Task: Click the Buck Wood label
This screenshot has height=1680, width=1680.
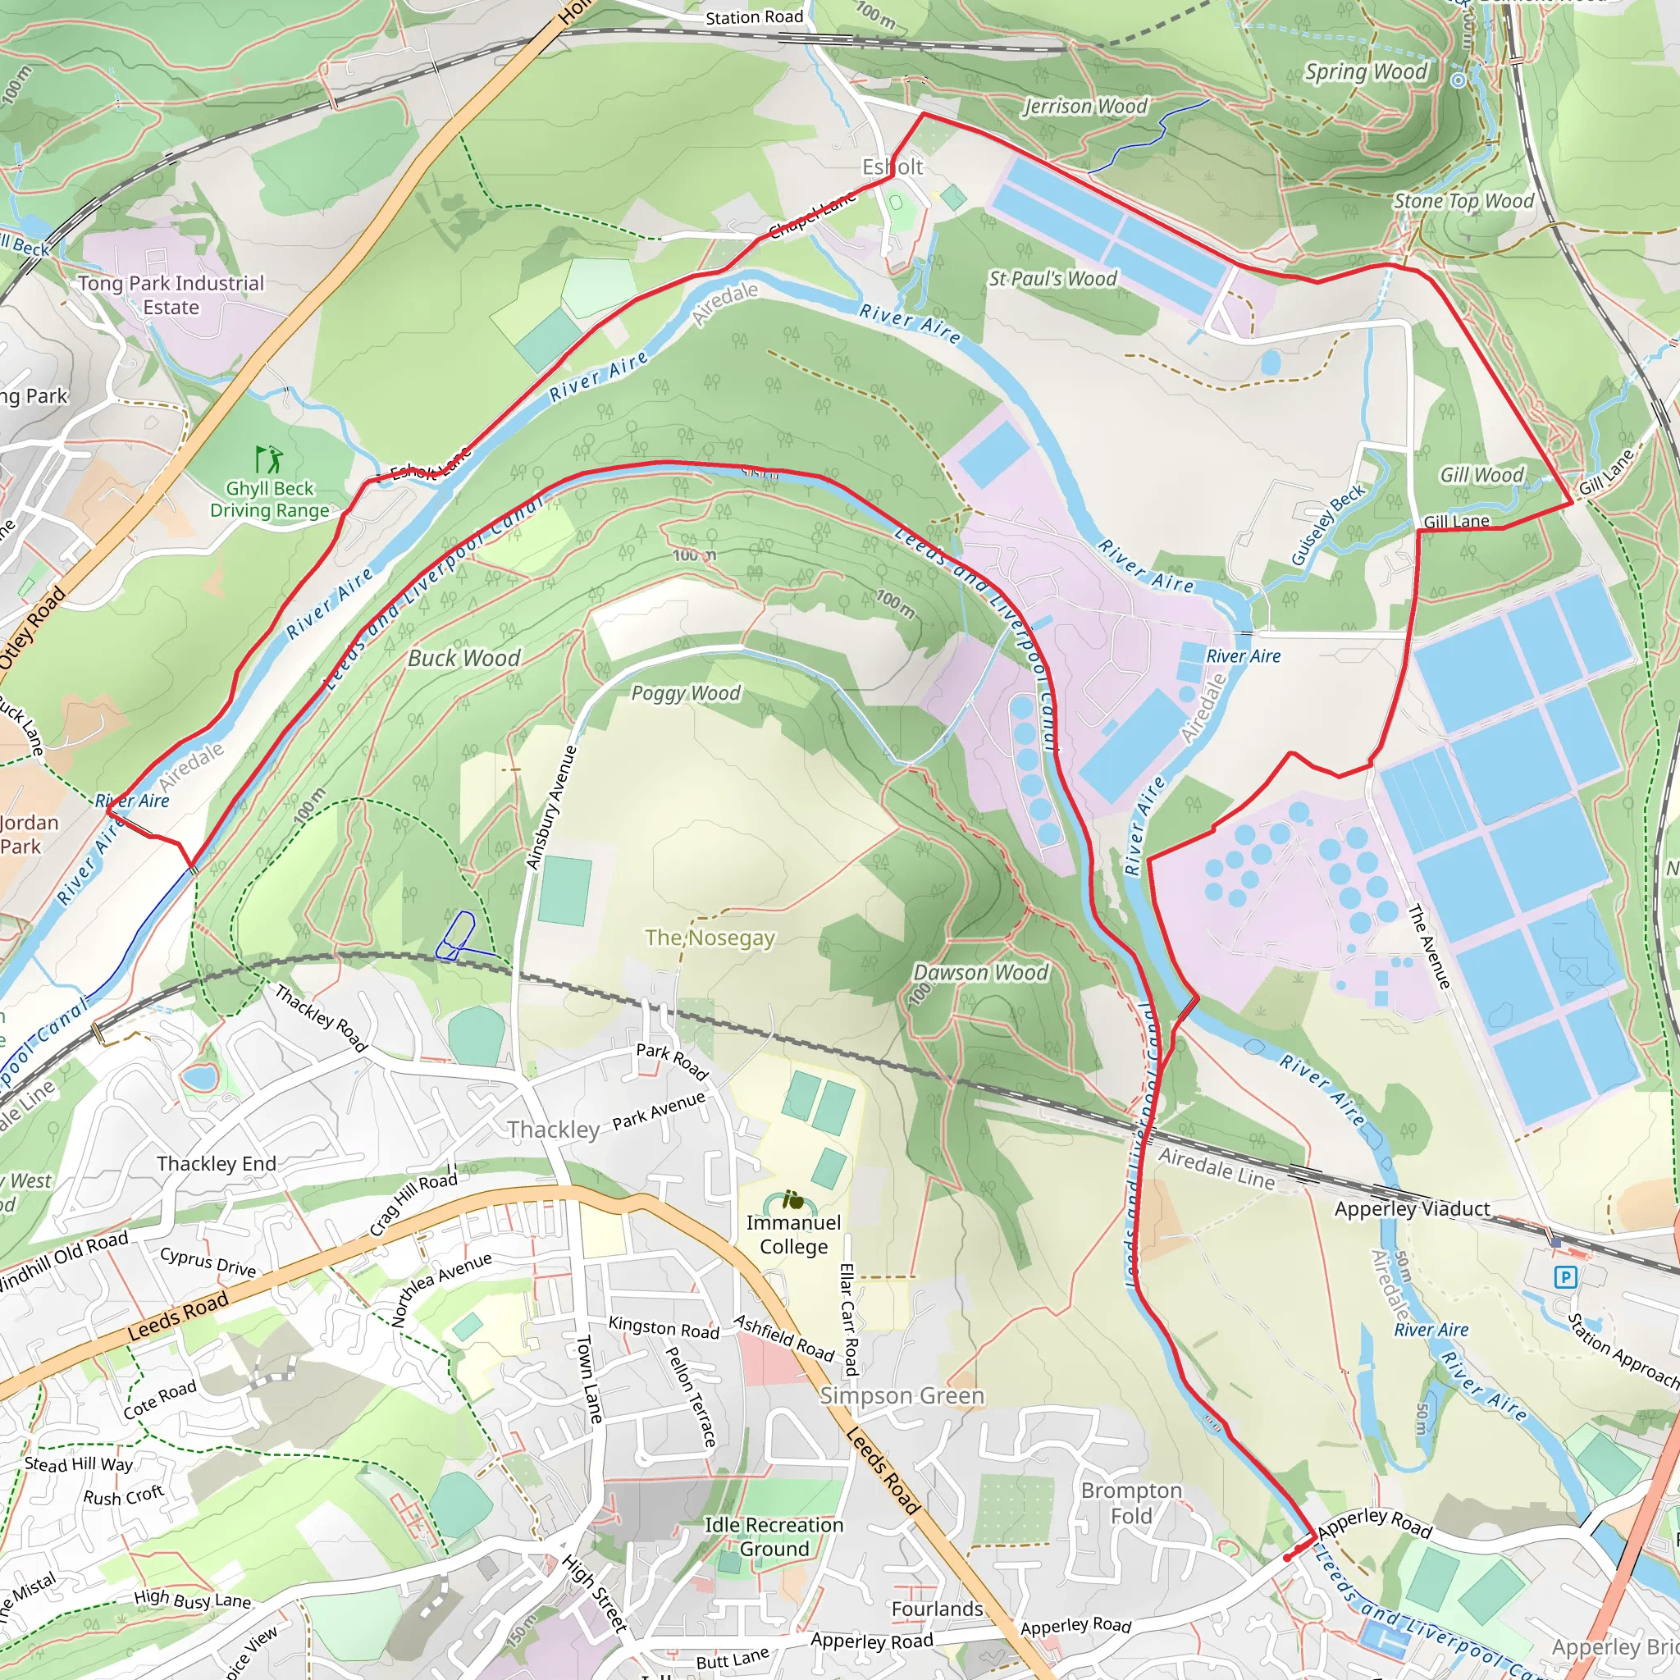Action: click(x=464, y=658)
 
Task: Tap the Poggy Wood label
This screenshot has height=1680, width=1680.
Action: click(x=686, y=693)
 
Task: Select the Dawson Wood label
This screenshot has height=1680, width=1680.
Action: click(x=981, y=972)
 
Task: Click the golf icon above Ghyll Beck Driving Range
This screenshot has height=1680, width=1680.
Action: click(x=269, y=459)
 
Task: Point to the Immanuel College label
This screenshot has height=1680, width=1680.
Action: click(x=793, y=1234)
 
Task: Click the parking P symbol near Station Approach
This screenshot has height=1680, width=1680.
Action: click(x=1565, y=1277)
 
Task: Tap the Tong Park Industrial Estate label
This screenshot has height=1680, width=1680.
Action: click(x=171, y=294)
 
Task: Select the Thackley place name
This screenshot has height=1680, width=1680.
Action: click(x=553, y=1130)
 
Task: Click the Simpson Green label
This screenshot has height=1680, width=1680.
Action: click(x=902, y=1395)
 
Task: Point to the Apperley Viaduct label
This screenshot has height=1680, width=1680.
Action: click(x=1413, y=1208)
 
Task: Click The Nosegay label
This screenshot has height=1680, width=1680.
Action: click(x=710, y=938)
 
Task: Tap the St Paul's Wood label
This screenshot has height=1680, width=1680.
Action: click(x=1052, y=278)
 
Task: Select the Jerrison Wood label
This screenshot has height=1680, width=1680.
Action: click(x=1084, y=106)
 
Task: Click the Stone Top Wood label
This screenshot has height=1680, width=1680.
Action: click(x=1463, y=201)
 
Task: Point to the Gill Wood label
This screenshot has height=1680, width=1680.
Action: click(x=1481, y=475)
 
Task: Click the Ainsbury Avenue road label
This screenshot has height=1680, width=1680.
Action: click(x=551, y=807)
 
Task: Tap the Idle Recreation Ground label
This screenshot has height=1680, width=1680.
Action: click(x=774, y=1536)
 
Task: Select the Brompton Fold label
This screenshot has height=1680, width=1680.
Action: click(x=1131, y=1503)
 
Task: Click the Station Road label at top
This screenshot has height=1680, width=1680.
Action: click(x=754, y=17)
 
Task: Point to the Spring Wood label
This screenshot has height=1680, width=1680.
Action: click(x=1366, y=71)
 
